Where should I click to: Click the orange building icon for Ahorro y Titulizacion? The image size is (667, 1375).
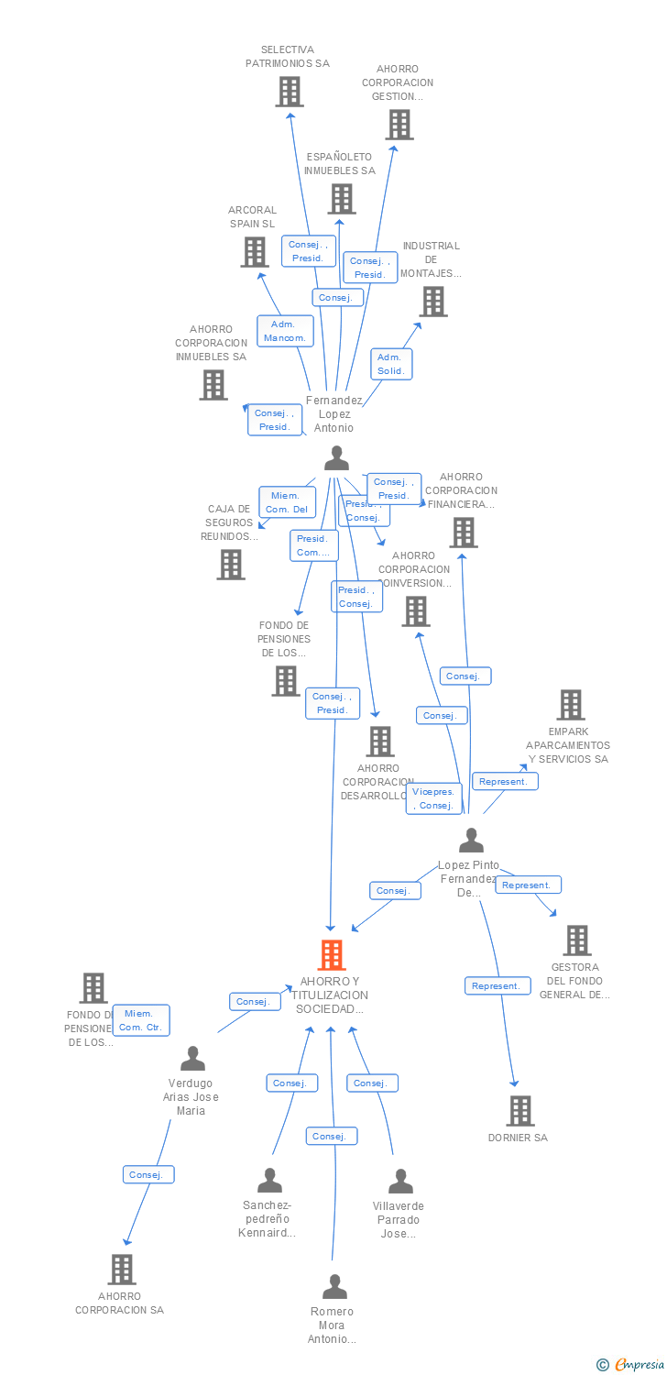332,954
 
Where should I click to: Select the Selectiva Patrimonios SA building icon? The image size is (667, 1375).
290,92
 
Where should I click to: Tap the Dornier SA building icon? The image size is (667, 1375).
520,1110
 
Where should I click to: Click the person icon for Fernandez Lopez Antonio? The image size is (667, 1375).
337,457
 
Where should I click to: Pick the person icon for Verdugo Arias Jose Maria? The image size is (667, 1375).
192,1059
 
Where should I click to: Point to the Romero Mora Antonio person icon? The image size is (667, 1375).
334,1287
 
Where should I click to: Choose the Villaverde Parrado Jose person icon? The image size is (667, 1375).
400,1181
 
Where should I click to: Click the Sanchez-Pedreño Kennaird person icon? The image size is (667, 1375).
269,1180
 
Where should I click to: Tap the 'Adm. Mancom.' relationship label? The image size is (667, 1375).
285,331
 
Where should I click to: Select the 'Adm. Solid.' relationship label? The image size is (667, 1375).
391,364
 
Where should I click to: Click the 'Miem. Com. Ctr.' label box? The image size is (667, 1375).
141,1020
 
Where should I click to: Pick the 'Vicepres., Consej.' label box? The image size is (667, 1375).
433,798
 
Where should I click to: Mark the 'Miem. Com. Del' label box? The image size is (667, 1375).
288,502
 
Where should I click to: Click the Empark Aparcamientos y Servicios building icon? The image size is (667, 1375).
571,704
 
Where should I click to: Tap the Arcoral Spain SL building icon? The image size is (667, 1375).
254,251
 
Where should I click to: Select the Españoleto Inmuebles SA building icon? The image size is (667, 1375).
342,198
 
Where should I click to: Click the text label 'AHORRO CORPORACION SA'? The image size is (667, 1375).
119,1303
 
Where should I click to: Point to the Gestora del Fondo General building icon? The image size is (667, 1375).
577,940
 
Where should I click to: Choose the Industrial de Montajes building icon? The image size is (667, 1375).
433,301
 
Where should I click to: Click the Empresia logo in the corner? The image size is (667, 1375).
632,1365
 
